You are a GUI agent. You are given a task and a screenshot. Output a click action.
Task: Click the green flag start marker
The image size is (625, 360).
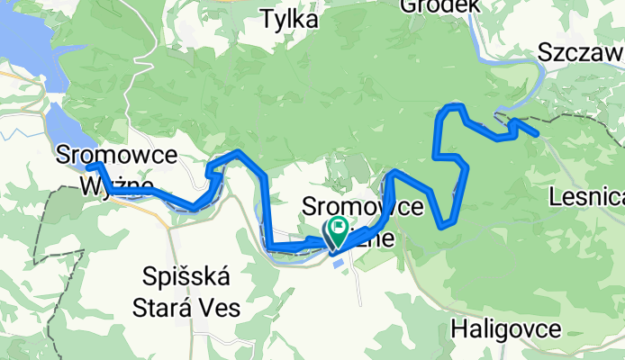[340, 228]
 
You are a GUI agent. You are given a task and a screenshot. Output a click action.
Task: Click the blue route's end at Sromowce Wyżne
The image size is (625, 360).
[92, 166]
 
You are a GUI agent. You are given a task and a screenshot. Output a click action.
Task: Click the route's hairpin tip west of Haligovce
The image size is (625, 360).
[442, 225]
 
